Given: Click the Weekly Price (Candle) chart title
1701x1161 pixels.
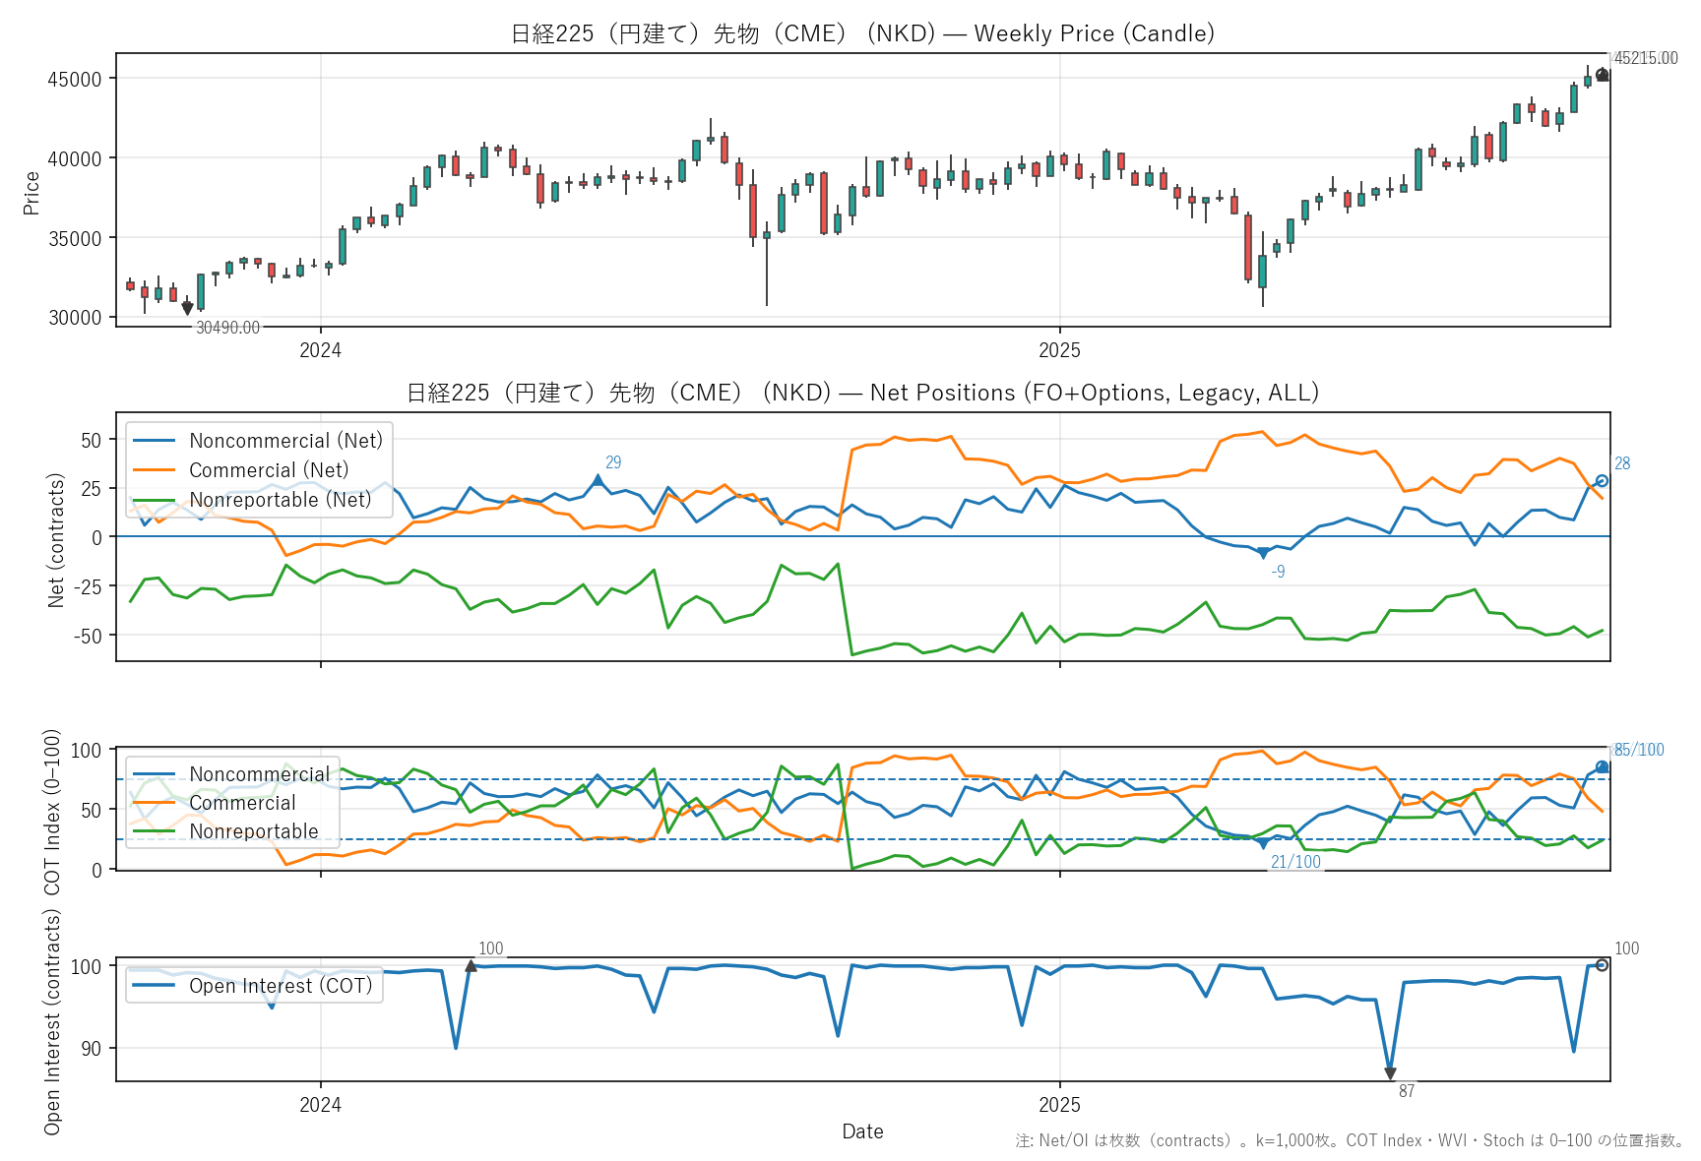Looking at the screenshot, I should coord(862,33).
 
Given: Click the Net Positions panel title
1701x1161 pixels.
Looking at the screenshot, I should coord(862,393).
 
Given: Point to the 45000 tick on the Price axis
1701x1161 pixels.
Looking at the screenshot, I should coord(75,79).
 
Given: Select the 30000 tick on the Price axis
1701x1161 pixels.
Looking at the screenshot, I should coord(75,317).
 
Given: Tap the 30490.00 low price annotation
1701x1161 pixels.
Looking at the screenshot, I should coord(227,328).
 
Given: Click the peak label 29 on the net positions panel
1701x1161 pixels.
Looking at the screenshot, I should coord(613,462).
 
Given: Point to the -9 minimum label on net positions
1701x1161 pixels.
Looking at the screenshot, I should coord(1278,572).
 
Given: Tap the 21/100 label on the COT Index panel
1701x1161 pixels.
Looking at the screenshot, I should coord(1295,862).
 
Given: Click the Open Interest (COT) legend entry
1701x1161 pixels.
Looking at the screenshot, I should coord(281,986).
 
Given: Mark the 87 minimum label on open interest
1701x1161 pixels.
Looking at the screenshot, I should coord(1407,1091).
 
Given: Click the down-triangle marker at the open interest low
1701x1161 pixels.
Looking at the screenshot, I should coord(1390,1073).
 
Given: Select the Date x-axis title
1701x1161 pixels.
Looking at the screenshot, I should coord(862,1131).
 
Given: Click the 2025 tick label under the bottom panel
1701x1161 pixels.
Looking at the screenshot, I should coord(1059,1104).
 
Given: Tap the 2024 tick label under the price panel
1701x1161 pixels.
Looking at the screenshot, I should coord(320,350).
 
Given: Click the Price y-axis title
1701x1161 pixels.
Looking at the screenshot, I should coord(31,192).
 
